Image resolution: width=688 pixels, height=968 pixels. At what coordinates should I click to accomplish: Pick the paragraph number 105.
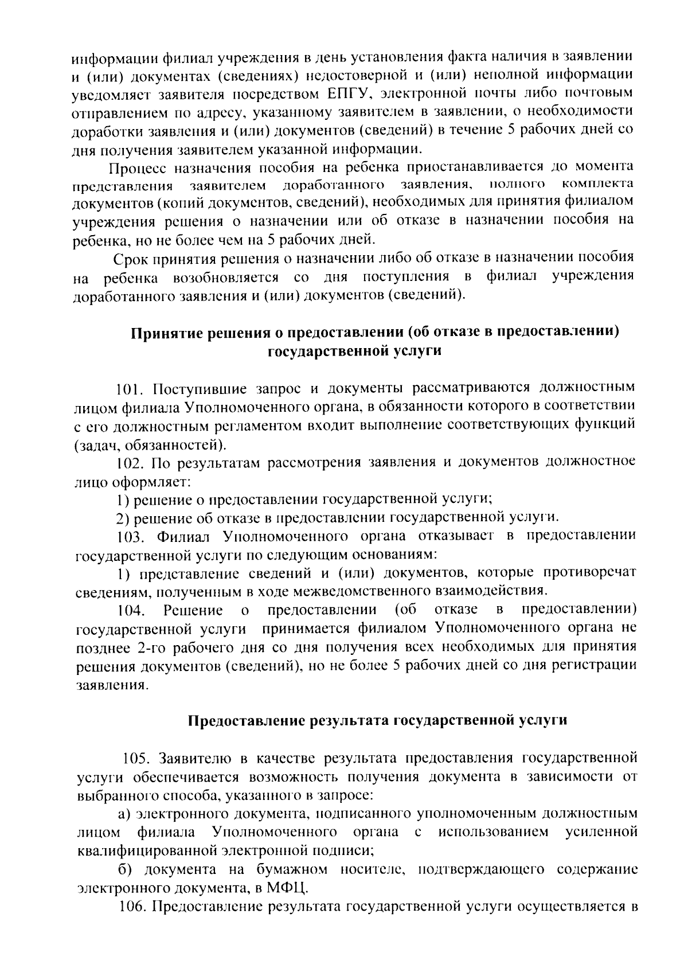[x=138, y=758]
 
